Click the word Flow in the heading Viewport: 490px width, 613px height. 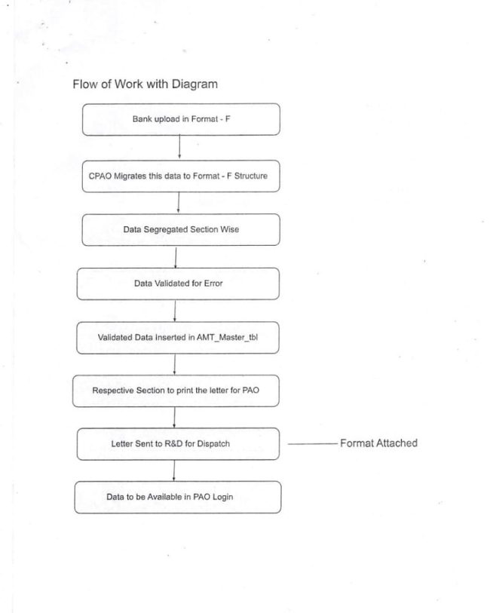pyautogui.click(x=85, y=84)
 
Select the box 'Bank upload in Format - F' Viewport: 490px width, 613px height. pyautogui.click(x=181, y=119)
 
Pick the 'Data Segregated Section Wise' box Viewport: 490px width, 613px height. pyautogui.click(x=181, y=229)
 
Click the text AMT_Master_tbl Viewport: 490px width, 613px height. pyautogui.click(x=229, y=338)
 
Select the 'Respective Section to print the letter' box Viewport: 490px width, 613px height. pyautogui.click(x=176, y=391)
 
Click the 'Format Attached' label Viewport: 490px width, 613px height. pyautogui.click(x=378, y=443)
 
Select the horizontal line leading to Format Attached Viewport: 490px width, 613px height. pyautogui.click(x=311, y=444)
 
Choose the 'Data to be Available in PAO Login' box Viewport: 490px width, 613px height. pyautogui.click(x=178, y=498)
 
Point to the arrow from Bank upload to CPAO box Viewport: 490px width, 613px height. pyautogui.click(x=179, y=147)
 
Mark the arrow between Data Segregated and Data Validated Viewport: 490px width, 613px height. pyautogui.click(x=176, y=256)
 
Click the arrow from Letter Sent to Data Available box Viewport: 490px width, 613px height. pyautogui.click(x=175, y=470)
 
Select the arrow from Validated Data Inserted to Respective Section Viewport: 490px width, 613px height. pyautogui.click(x=175, y=364)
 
